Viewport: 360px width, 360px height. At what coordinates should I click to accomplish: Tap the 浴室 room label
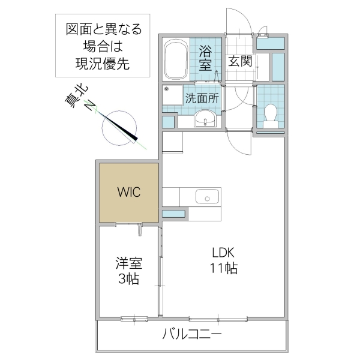click(205, 59)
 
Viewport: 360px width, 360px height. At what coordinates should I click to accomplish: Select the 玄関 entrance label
click(239, 61)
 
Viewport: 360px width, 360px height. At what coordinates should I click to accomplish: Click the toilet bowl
click(270, 115)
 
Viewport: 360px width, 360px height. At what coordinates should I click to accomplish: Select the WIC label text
click(128, 192)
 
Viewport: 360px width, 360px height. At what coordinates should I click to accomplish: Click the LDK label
click(224, 253)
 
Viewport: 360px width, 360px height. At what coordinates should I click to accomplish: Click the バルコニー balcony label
click(191, 334)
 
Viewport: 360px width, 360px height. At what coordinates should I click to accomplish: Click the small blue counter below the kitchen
click(173, 214)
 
